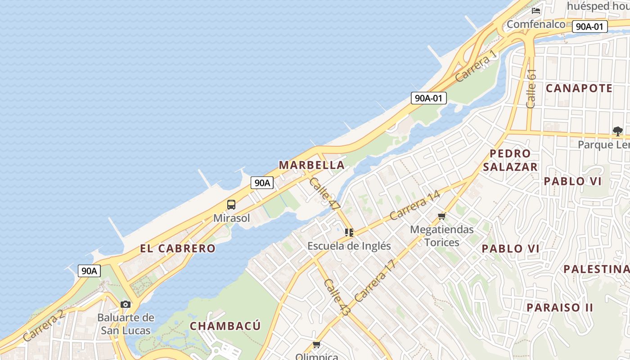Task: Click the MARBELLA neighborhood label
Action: (x=312, y=165)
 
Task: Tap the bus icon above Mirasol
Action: (x=231, y=205)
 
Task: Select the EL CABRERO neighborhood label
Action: (x=178, y=248)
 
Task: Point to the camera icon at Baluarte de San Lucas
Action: (x=126, y=304)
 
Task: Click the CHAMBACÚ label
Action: (x=225, y=326)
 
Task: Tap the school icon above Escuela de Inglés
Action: (x=349, y=233)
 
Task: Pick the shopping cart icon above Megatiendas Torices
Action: (x=441, y=216)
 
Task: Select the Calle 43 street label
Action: (x=337, y=297)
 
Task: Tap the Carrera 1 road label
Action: (x=476, y=66)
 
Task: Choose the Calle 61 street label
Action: (x=531, y=88)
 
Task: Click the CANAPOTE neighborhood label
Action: (x=579, y=88)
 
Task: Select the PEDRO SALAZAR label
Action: (x=510, y=160)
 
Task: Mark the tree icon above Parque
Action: (x=617, y=131)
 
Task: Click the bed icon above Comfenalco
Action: (x=535, y=10)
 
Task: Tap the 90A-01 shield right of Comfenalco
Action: (x=589, y=27)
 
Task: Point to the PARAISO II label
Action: (x=560, y=307)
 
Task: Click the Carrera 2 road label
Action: (x=44, y=325)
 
